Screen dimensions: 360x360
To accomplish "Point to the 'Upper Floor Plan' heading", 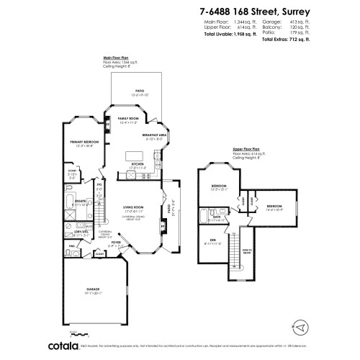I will (246, 148).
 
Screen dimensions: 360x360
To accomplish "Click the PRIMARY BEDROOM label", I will (85, 142).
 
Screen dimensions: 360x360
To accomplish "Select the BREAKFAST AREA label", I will (155, 135).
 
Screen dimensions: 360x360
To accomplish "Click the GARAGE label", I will (93, 291).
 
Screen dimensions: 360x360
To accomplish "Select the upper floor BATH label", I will (217, 215).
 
